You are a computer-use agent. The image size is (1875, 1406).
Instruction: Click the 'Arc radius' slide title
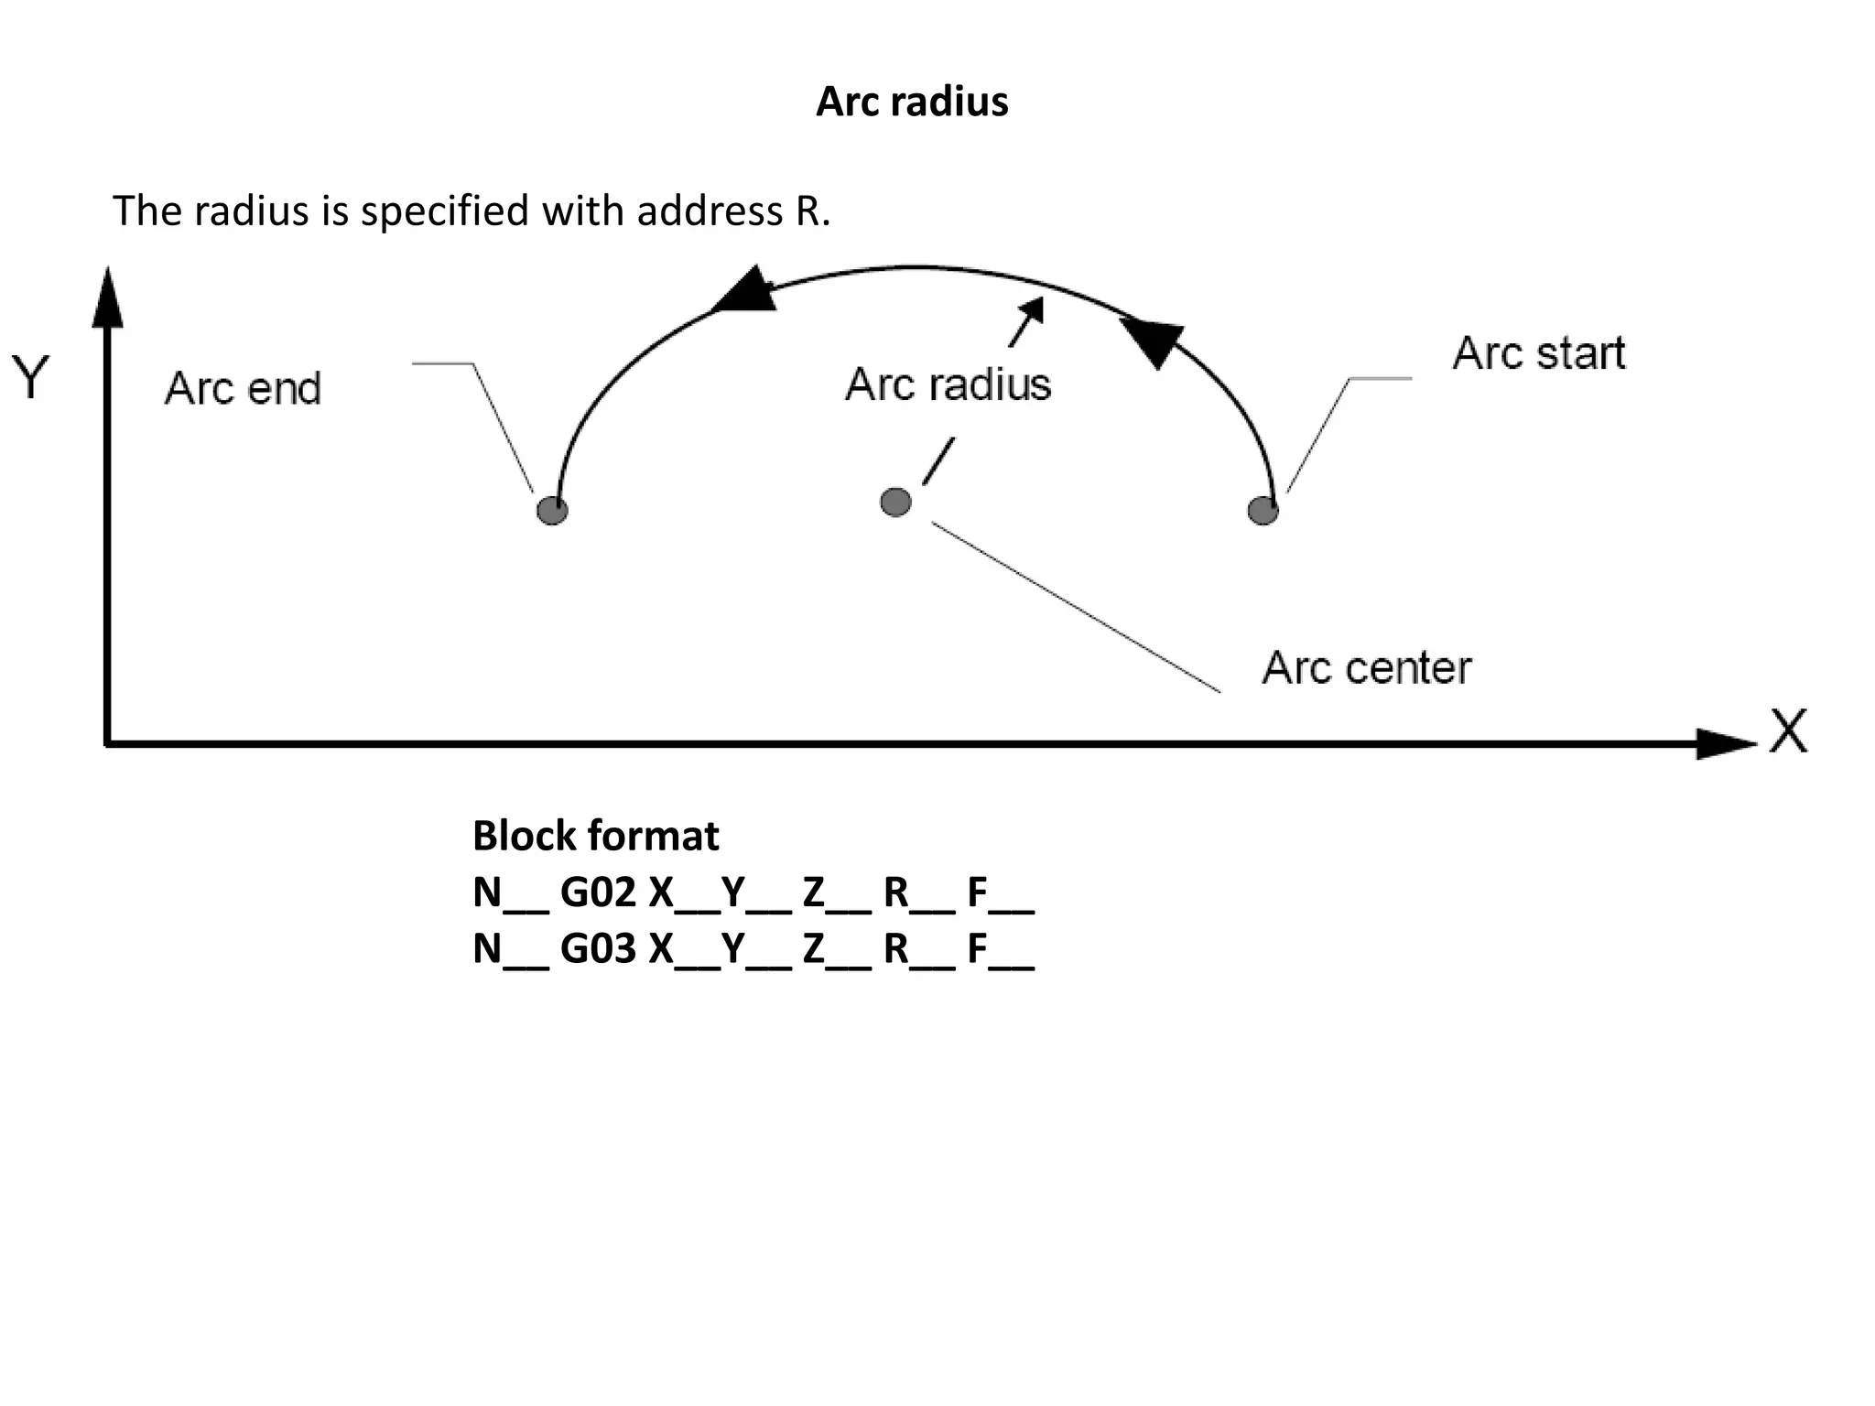pos(912,102)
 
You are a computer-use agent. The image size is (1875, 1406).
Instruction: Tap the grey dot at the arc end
pos(552,510)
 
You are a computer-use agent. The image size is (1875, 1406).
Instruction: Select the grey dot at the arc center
pos(895,502)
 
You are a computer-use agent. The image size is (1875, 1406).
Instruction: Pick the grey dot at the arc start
pos(1263,510)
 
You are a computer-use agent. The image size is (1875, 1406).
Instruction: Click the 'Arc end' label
pos(243,388)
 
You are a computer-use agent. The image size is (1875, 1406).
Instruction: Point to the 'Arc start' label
pos(1538,353)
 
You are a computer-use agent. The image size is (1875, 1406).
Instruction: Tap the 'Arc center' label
pos(1366,667)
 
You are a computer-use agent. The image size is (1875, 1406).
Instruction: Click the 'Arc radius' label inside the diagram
pos(948,384)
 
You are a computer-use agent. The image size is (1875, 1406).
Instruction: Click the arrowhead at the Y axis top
pos(108,298)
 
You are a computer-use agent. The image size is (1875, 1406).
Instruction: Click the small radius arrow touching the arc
pos(1027,322)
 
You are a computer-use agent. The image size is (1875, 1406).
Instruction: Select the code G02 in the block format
pos(598,892)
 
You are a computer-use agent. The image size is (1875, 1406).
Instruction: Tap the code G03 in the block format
pos(598,948)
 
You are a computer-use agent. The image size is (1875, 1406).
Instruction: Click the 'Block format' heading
pos(595,836)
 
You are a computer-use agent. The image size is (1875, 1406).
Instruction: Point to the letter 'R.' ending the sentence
pos(812,211)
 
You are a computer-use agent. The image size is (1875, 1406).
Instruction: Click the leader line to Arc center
pos(1076,607)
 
